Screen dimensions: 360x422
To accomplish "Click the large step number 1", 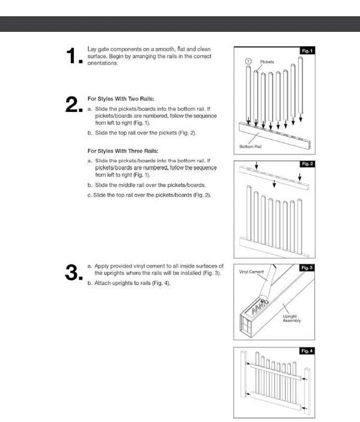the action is click(x=74, y=56).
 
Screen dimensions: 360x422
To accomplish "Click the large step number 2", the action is click(x=74, y=104).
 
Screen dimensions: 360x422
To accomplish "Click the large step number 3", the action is click(x=74, y=272).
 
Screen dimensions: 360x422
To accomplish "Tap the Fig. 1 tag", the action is click(x=307, y=51).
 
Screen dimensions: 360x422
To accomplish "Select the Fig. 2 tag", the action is click(x=307, y=164).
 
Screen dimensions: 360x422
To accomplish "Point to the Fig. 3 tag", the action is click(x=307, y=268).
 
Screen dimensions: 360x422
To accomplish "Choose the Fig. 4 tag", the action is click(x=307, y=351).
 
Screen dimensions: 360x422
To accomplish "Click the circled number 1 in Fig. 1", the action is click(x=248, y=61).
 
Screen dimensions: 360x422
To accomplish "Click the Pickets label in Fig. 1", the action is click(x=267, y=62).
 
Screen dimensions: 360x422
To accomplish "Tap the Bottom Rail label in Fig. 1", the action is click(x=250, y=147).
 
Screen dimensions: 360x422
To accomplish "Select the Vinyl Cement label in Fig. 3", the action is click(x=251, y=272).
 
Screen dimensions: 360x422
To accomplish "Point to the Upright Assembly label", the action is click(x=291, y=319).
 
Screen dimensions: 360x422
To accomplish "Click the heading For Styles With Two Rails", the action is click(x=121, y=99).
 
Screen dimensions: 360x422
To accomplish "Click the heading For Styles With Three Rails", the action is click(x=123, y=151).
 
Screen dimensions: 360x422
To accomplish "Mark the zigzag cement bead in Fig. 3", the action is click(x=260, y=307).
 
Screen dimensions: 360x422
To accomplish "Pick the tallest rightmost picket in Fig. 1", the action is click(x=301, y=85).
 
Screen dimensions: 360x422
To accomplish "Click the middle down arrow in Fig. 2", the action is click(x=274, y=183).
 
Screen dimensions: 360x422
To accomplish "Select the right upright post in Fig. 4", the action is click(x=307, y=390).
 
